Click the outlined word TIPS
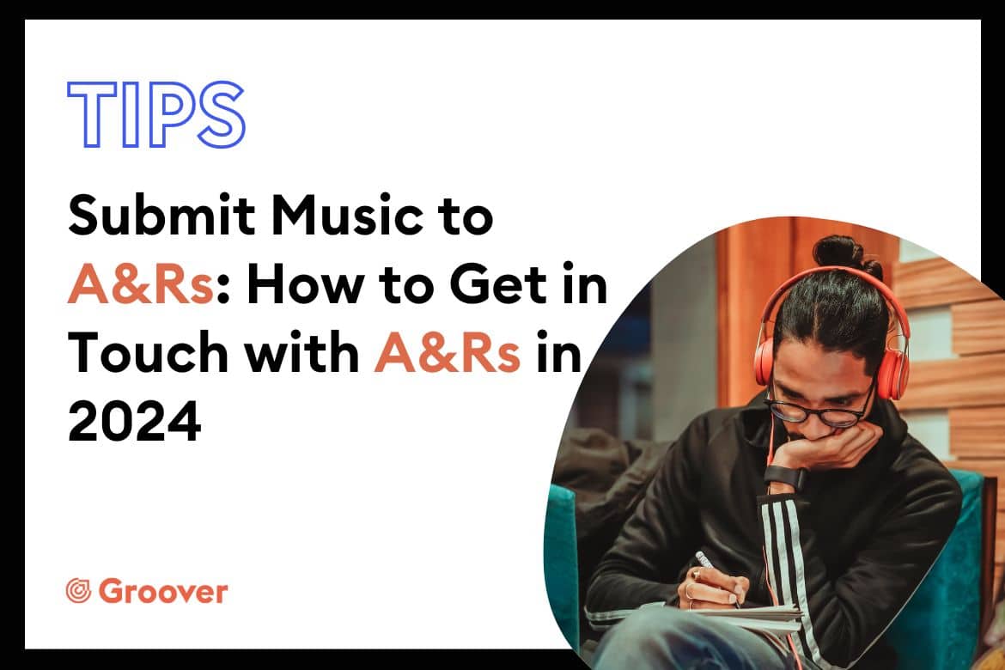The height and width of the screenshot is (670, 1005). (155, 115)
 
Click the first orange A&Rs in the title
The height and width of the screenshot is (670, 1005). (140, 284)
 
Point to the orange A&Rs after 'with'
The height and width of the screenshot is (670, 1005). (447, 353)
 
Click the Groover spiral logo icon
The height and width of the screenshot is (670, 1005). (79, 591)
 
